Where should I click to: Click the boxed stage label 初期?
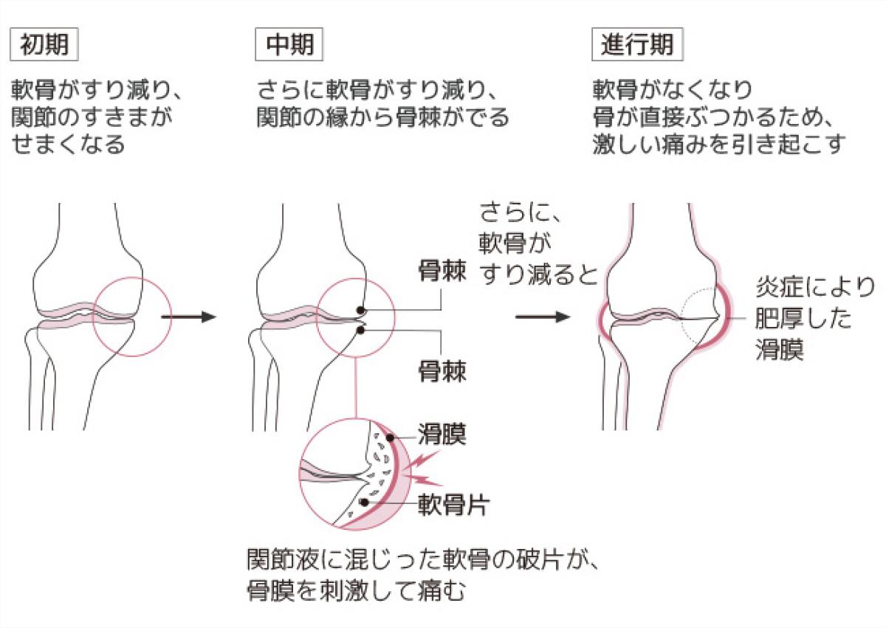(x=44, y=45)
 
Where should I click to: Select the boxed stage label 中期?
(x=290, y=45)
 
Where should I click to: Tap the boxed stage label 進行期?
(x=637, y=45)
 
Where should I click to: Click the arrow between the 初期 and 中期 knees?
(x=188, y=317)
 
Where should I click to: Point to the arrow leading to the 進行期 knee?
(x=543, y=317)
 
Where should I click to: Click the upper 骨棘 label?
(x=442, y=272)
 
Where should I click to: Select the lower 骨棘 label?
(x=442, y=369)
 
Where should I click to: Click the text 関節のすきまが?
(x=96, y=117)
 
